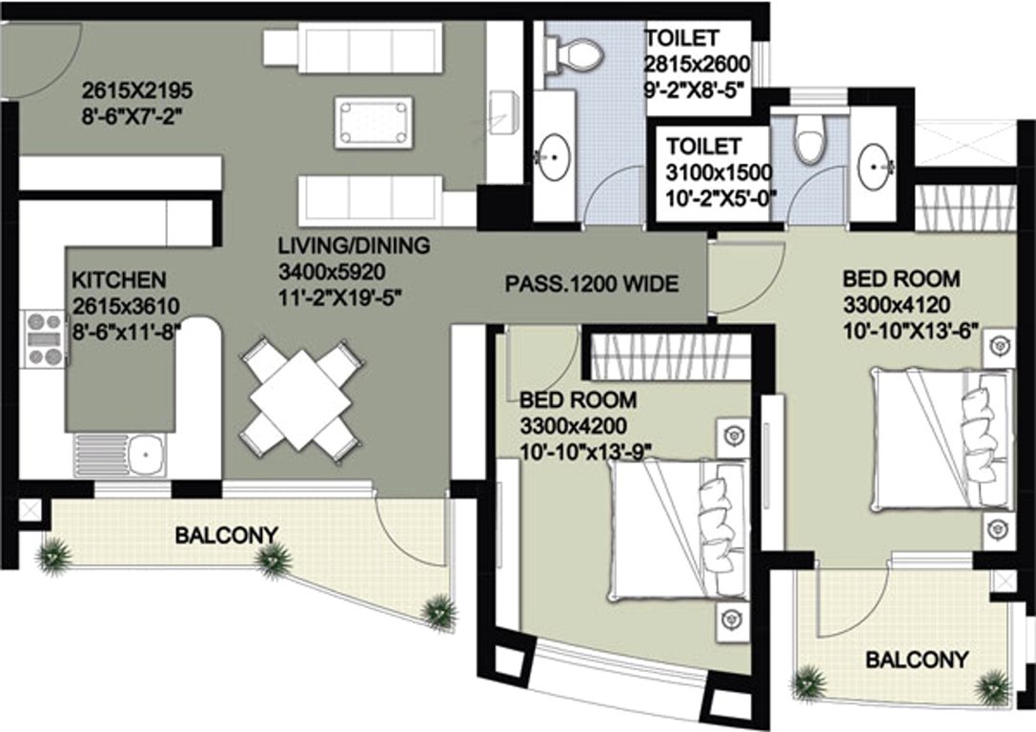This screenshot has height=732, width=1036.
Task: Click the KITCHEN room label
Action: (120, 280)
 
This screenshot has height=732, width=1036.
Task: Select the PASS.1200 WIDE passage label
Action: (591, 283)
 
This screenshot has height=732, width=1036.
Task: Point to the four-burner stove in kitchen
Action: (45, 338)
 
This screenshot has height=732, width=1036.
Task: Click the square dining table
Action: (301, 398)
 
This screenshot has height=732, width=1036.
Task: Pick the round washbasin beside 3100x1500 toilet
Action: (874, 169)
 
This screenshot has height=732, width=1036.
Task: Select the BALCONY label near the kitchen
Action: (226, 535)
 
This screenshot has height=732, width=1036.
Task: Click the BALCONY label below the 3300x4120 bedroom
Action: (916, 659)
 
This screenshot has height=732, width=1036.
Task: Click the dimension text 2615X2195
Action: (137, 91)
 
